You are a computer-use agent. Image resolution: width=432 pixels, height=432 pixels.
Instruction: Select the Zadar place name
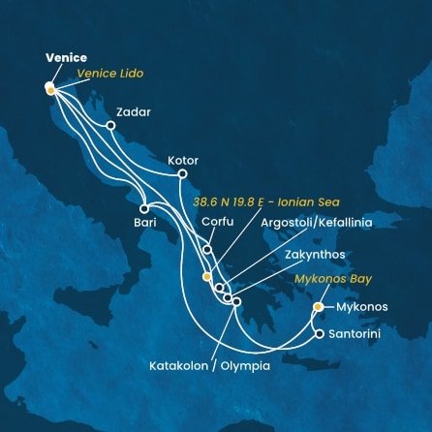pyautogui.click(x=139, y=111)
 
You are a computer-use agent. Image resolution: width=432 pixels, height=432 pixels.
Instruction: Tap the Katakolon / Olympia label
pyautogui.click(x=210, y=367)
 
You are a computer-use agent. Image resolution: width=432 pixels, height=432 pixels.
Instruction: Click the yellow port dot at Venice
pyautogui.click(x=49, y=86)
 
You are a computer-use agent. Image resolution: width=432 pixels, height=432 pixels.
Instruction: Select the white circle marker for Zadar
pyautogui.click(x=110, y=125)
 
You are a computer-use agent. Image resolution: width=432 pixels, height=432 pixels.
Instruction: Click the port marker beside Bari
pyautogui.click(x=143, y=208)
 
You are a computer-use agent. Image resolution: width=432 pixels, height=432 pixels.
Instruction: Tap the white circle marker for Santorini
pyautogui.click(x=320, y=335)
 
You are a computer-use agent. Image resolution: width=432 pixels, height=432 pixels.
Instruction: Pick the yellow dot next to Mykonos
pyautogui.click(x=318, y=307)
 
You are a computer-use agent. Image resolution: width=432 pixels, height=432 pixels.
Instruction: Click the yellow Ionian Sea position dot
pyautogui.click(x=206, y=276)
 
